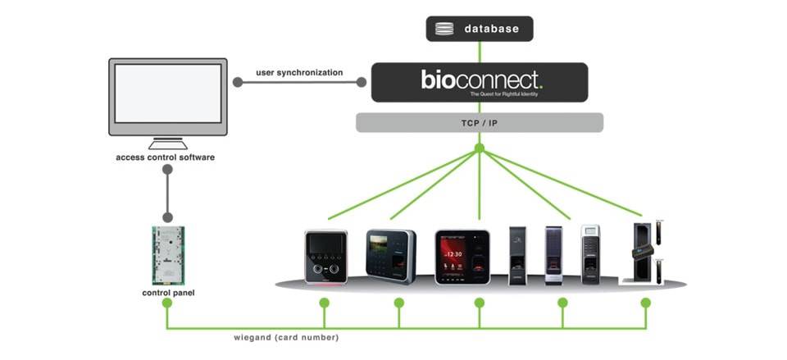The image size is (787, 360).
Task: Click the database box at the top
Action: pyautogui.click(x=480, y=29)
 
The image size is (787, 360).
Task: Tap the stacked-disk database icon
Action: pyautogui.click(x=444, y=30)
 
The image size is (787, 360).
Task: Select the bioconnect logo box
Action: pyautogui.click(x=480, y=82)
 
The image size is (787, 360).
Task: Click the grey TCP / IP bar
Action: pyautogui.click(x=480, y=123)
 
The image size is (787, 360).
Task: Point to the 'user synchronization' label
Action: pyautogui.click(x=299, y=73)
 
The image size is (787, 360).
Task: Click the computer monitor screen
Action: pyautogui.click(x=167, y=93)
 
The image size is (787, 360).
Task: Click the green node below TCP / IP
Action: pyautogui.click(x=480, y=148)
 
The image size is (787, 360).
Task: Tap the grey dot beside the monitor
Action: pyautogui.click(x=237, y=82)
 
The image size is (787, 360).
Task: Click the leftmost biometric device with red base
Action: pyautogui.click(x=325, y=257)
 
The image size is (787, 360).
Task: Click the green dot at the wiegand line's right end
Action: pyautogui.click(x=645, y=303)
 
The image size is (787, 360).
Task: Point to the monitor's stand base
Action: pyautogui.click(x=167, y=145)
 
